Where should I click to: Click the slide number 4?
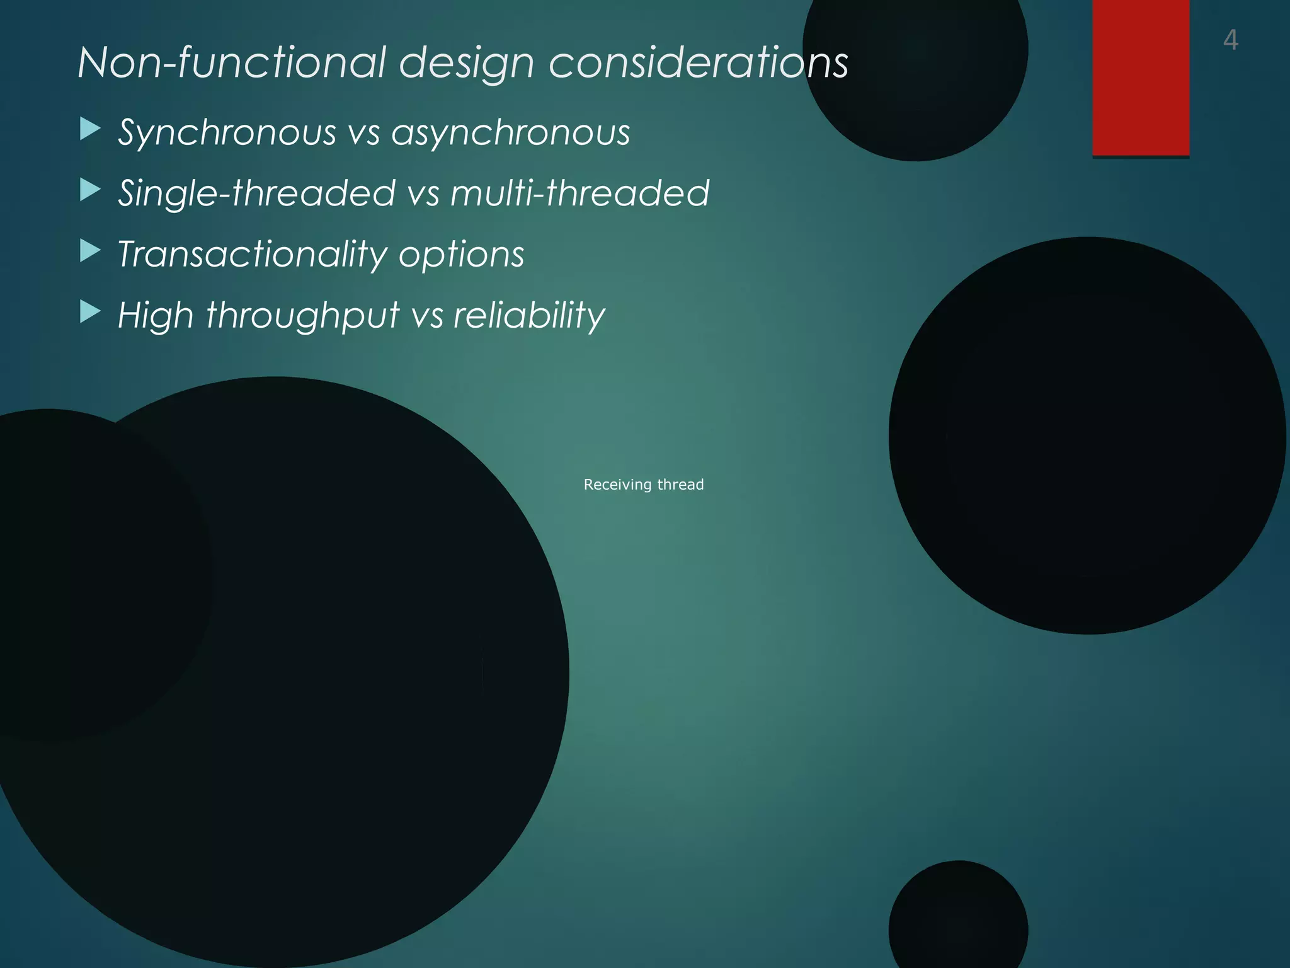tap(1230, 40)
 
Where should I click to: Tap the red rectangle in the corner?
tap(1140, 77)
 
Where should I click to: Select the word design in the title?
tap(467, 64)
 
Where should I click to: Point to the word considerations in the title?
tap(698, 62)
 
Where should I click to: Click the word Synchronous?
tap(227, 133)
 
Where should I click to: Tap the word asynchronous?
tap(510, 133)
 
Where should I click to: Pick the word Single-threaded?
tap(257, 193)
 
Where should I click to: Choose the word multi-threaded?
tap(580, 193)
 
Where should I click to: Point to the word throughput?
tap(303, 315)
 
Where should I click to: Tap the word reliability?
tap(529, 315)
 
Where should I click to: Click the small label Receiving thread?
tap(643, 485)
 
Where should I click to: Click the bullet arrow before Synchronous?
tap(90, 130)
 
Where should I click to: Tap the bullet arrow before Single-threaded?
tap(90, 190)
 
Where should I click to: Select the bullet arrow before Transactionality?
tap(90, 251)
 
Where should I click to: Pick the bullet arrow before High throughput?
tap(90, 312)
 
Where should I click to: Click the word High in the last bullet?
tap(156, 315)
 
